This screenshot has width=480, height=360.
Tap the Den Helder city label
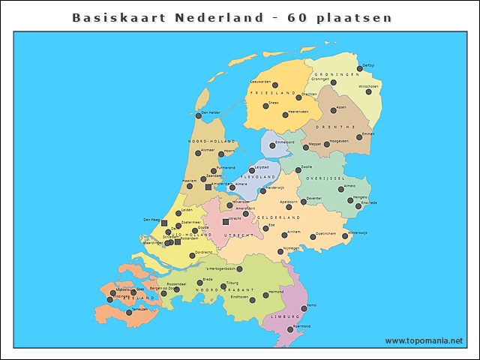210,112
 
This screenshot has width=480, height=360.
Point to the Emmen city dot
359,137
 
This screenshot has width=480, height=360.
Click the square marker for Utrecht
226,222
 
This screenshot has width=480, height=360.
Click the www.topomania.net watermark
424,340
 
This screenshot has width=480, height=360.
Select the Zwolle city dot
298,170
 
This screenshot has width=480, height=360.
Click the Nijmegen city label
290,247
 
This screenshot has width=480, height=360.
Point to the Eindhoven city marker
252,300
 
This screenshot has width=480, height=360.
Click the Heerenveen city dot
285,115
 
